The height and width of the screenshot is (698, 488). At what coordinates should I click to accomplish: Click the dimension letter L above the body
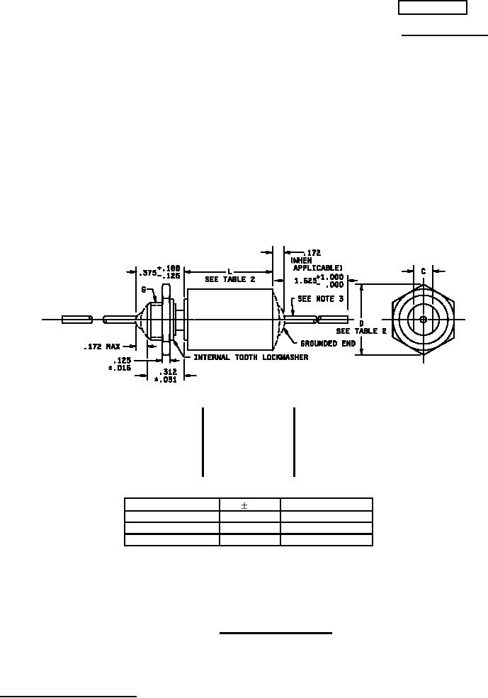click(229, 271)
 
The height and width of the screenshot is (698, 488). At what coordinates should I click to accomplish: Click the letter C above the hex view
click(423, 271)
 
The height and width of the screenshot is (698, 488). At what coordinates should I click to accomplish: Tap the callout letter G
click(144, 290)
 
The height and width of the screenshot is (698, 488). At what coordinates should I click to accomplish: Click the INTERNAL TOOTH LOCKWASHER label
click(251, 357)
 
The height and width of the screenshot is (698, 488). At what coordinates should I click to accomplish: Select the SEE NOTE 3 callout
click(322, 299)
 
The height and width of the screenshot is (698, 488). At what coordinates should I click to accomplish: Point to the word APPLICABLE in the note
click(317, 269)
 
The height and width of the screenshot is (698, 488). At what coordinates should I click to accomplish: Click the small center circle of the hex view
click(423, 320)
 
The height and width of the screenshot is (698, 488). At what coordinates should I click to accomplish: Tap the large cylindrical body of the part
click(229, 320)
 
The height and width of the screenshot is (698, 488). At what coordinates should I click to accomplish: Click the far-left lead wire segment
click(76, 320)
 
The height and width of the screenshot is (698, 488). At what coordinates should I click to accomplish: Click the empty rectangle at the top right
click(432, 8)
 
